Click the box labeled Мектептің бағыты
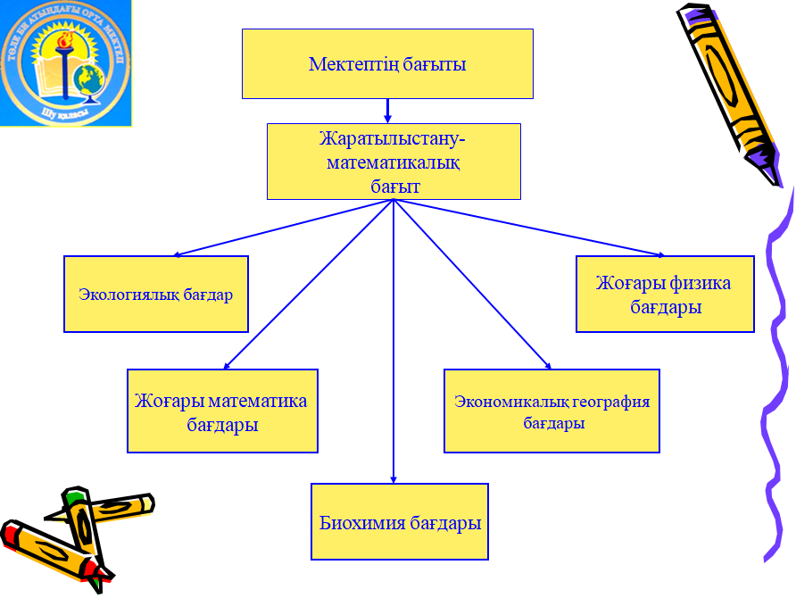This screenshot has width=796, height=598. [387, 63]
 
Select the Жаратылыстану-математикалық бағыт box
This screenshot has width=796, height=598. [394, 162]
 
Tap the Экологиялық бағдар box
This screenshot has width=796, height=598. [156, 295]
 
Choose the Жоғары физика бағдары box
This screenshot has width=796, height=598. [665, 295]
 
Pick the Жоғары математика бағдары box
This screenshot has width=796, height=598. [222, 411]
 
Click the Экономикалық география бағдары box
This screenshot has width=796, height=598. [551, 411]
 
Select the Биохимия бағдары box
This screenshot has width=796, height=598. [400, 522]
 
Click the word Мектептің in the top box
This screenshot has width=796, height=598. [344, 64]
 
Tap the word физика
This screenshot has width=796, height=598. [701, 284]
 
